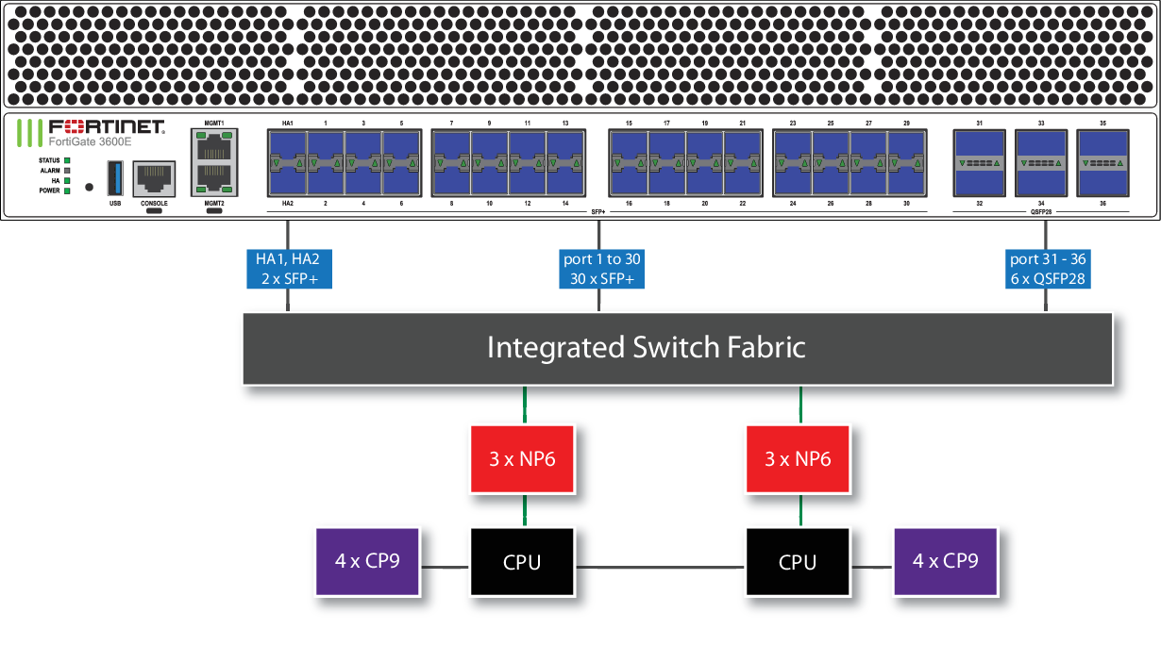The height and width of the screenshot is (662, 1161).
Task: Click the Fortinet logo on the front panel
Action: click(x=92, y=127)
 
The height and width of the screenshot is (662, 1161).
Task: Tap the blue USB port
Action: click(x=115, y=177)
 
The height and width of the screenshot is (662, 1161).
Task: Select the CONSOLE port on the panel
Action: click(x=154, y=177)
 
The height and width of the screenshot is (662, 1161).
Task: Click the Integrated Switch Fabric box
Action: click(x=678, y=348)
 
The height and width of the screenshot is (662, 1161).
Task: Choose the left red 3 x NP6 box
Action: click(x=522, y=459)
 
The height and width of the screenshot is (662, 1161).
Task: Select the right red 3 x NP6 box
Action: click(x=798, y=459)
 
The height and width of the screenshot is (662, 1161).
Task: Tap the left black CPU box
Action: click(x=522, y=562)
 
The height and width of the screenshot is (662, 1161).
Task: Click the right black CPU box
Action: click(x=798, y=562)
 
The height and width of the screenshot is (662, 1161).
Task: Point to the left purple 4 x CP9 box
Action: click(x=367, y=560)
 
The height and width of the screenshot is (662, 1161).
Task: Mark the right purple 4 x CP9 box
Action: click(x=946, y=560)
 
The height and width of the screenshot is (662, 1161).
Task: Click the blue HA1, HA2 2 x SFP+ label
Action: click(x=288, y=269)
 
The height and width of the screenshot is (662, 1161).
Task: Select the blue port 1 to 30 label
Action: click(x=601, y=269)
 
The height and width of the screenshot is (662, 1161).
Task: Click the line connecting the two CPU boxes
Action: click(x=660, y=567)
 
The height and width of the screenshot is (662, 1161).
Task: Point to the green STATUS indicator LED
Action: click(x=68, y=160)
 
